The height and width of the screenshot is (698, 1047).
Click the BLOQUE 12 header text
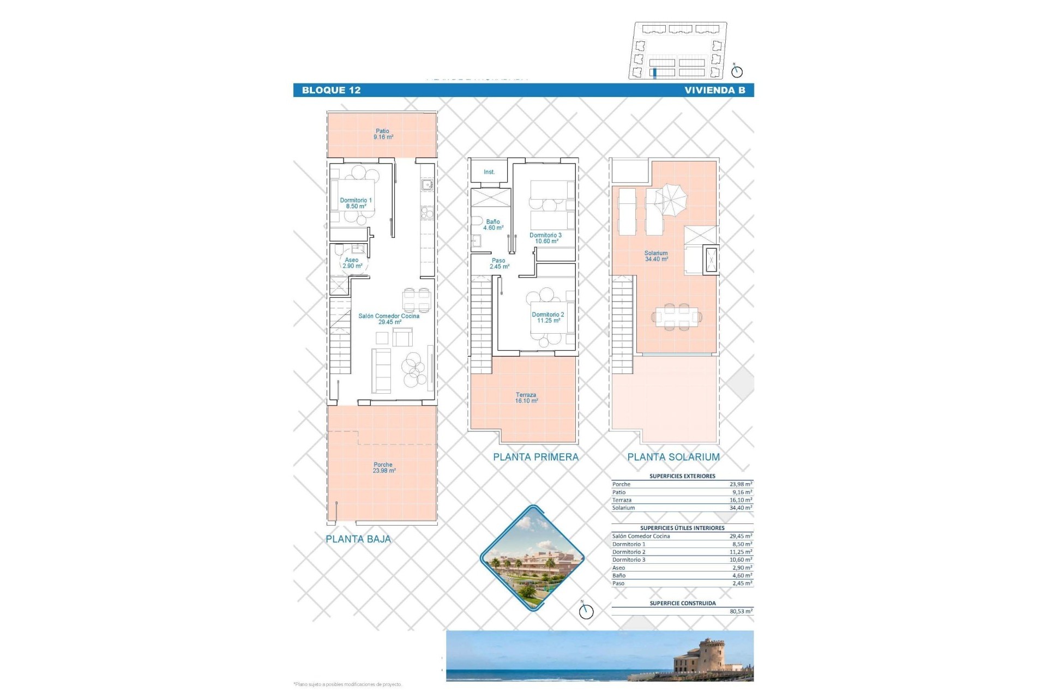pyautogui.click(x=331, y=91)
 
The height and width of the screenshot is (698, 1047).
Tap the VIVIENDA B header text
pyautogui.click(x=714, y=91)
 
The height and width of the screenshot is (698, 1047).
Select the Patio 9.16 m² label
pyautogui.click(x=383, y=134)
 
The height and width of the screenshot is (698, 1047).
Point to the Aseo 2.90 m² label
pyautogui.click(x=352, y=263)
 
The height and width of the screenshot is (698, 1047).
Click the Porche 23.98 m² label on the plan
pyautogui.click(x=383, y=468)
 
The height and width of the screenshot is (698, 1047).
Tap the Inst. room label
pyautogui.click(x=489, y=172)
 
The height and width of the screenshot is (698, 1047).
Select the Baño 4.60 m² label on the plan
pyautogui.click(x=493, y=225)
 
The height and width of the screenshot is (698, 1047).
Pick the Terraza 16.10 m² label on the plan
pyautogui.click(x=526, y=398)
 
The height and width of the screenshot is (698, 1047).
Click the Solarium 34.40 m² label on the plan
pyautogui.click(x=656, y=256)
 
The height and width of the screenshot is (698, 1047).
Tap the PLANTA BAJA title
pyautogui.click(x=358, y=539)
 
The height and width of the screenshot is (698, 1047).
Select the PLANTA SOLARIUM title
pyautogui.click(x=673, y=458)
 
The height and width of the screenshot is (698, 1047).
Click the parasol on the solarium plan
pyautogui.click(x=671, y=197)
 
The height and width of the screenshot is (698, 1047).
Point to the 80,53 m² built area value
pyautogui.click(x=741, y=612)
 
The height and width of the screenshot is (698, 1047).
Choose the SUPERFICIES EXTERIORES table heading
pyautogui.click(x=682, y=476)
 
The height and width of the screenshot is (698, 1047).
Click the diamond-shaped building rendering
pyautogui.click(x=532, y=557)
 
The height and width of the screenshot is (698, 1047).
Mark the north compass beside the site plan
pyautogui.click(x=737, y=71)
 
